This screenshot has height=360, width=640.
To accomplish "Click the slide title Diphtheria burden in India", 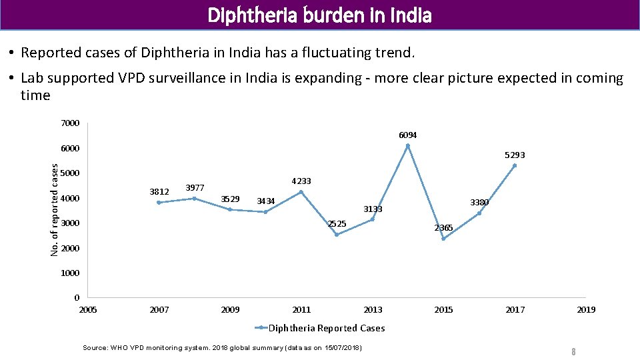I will [x=320, y=15].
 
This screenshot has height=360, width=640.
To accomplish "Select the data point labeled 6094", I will [x=408, y=146].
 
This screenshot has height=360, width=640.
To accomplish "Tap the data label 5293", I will [x=514, y=155].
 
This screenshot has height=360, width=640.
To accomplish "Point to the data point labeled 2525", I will [x=337, y=235].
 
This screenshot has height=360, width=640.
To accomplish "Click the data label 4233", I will [x=301, y=181].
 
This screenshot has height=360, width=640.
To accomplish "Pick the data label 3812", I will [x=159, y=191].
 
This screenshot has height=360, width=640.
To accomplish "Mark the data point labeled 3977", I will [x=195, y=198].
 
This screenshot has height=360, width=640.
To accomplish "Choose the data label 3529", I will [x=230, y=199].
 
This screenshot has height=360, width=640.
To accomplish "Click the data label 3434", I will [x=266, y=201].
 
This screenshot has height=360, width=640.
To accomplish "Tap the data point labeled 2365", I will [x=443, y=239].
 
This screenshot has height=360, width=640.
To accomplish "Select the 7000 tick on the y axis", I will [x=70, y=123].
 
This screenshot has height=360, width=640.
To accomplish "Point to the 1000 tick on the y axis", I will [x=70, y=273].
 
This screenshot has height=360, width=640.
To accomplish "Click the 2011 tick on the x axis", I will [x=301, y=309].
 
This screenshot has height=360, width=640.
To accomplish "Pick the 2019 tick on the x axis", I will [x=586, y=309].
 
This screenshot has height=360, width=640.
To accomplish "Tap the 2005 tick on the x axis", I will [x=88, y=309].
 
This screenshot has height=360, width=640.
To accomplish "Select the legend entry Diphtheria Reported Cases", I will [x=320, y=328].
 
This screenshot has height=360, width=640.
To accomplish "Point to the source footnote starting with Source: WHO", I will [x=222, y=348].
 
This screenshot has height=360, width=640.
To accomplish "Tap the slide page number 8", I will [x=572, y=351].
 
